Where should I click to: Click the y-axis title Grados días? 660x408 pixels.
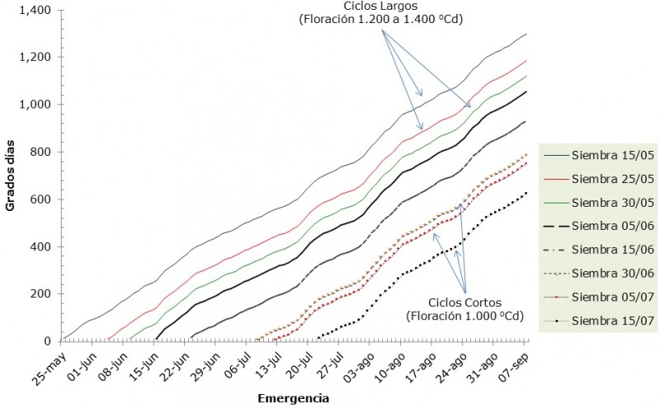pos(11,176)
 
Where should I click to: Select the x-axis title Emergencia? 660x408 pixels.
pos(294,398)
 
